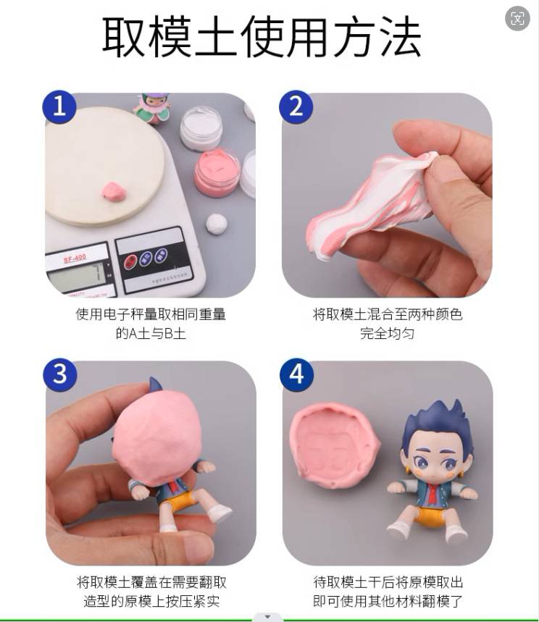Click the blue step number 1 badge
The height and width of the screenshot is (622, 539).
[59, 107]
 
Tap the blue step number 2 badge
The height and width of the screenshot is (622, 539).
[296, 107]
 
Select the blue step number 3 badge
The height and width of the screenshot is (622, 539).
[60, 375]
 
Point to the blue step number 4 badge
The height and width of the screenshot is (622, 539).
[296, 375]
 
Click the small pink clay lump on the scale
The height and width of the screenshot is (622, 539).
[114, 192]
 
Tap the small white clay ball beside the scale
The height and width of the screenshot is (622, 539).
[217, 224]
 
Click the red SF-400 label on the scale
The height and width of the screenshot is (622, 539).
[75, 259]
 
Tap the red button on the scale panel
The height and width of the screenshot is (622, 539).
[131, 261]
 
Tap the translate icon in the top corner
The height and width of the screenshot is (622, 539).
[517, 18]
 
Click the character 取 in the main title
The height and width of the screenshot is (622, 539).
[124, 38]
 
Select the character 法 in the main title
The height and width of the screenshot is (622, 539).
[400, 38]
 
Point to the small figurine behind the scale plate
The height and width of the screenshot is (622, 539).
[152, 108]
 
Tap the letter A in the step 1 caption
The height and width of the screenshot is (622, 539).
[133, 333]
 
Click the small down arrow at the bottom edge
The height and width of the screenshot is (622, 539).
[267, 616]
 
